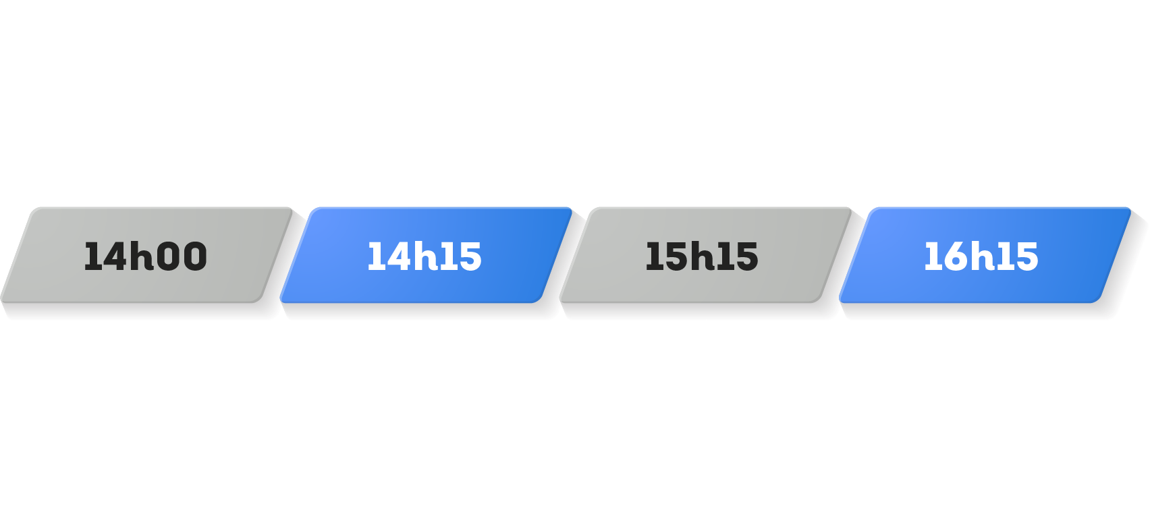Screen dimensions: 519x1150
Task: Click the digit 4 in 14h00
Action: [112, 256]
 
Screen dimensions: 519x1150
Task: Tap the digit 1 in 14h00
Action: [92, 256]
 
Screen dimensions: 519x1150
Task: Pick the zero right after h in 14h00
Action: [168, 256]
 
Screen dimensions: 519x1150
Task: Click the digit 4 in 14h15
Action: [395, 256]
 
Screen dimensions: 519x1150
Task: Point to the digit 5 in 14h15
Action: [469, 256]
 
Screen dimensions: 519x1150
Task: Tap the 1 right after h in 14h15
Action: [447, 256]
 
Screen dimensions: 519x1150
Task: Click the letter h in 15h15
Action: [702, 256]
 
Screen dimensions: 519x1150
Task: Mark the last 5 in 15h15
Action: [746, 256]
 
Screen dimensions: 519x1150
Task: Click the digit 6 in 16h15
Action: [953, 256]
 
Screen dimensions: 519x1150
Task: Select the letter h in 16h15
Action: [982, 256]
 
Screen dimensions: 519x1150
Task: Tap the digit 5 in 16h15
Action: [1026, 256]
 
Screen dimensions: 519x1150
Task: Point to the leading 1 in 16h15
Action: [932, 256]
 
